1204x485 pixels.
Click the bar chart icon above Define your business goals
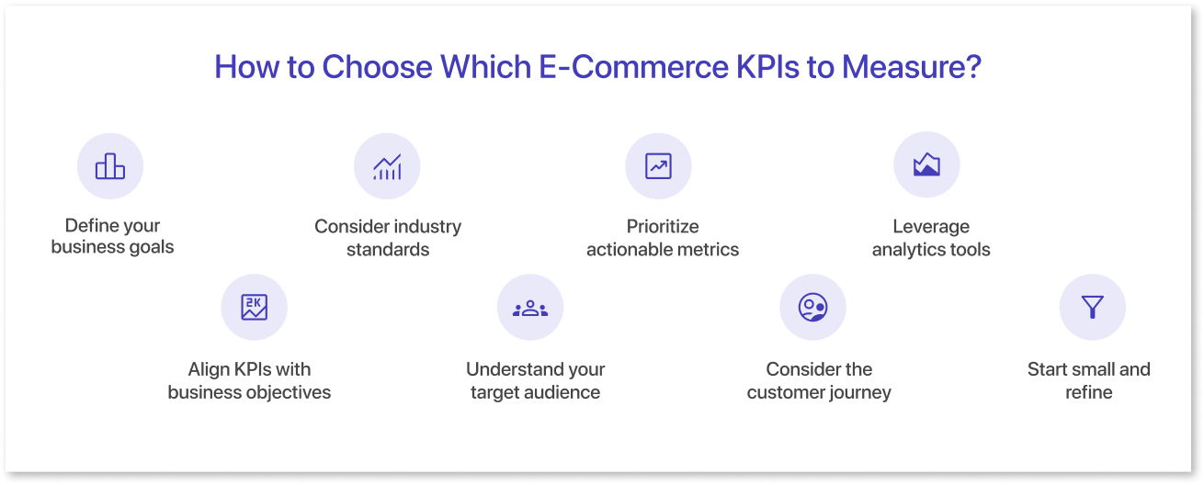[110, 166]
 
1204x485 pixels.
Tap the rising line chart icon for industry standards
[387, 166]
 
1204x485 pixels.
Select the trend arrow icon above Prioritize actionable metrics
[658, 166]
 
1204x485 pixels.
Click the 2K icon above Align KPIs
[255, 308]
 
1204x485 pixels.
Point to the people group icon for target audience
[530, 308]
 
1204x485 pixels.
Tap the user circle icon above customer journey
[812, 308]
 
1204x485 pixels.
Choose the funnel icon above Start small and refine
[1092, 308]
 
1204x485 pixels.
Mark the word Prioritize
[663, 226]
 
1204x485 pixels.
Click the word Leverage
[931, 226]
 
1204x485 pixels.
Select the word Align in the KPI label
[209, 369]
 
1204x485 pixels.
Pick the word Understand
[510, 369]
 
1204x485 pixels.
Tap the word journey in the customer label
[861, 393]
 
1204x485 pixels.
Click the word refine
[1088, 392]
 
